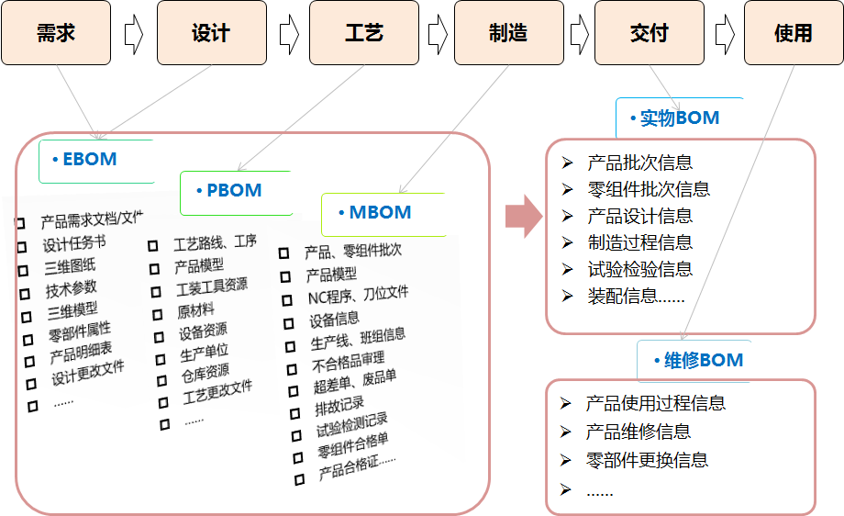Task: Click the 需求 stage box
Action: [56, 33]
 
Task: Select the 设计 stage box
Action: [211, 33]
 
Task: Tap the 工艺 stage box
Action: [363, 33]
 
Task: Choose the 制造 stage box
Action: [508, 33]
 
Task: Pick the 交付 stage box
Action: [650, 33]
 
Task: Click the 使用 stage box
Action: [793, 33]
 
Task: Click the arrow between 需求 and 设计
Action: [134, 34]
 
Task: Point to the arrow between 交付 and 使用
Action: [725, 34]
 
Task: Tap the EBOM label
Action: [90, 160]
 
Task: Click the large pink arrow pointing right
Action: [524, 216]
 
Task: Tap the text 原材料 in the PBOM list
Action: [195, 310]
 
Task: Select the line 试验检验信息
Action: [639, 269]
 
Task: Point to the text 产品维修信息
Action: [638, 432]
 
